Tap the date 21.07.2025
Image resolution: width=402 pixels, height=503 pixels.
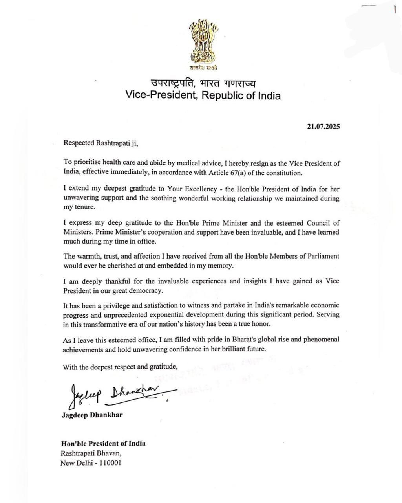coord(323,127)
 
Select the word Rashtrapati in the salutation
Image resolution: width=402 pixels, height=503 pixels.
coord(110,143)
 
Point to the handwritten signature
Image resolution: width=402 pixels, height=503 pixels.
coord(118,394)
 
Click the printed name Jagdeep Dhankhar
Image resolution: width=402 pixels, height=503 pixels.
coord(92,415)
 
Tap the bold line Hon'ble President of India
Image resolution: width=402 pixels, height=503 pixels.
coord(103,443)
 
